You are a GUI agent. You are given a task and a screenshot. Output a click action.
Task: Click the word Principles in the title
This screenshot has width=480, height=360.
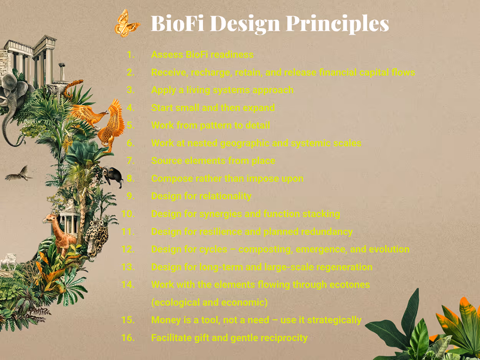click(x=336, y=24)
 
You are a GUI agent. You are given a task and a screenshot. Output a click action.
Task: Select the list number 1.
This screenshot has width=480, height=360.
click(x=130, y=55)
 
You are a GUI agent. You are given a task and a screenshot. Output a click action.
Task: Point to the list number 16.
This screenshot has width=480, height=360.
click(x=128, y=338)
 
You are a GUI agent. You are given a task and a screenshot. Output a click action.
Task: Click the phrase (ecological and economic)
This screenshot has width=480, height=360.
click(x=209, y=302)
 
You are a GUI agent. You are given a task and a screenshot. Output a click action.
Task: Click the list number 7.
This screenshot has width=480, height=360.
click(x=130, y=161)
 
